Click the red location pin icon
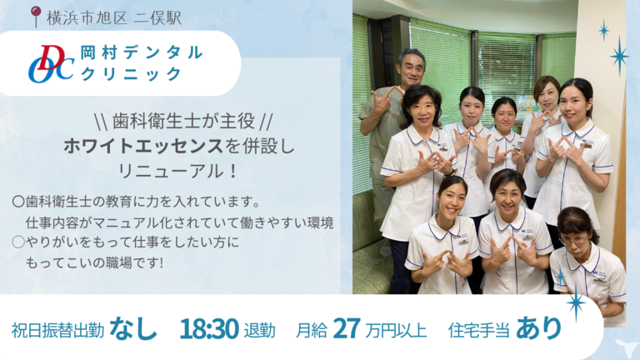pyautogui.click(x=36, y=17)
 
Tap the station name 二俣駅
pyautogui.click(x=157, y=18)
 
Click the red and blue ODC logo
pyautogui.click(x=52, y=63)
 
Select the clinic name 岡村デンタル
pyautogui.click(x=142, y=52)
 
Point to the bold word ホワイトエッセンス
pyautogui.click(x=143, y=146)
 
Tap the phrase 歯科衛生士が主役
pyautogui.click(x=184, y=121)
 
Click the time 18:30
pyautogui.click(x=209, y=329)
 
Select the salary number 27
pyautogui.click(x=347, y=329)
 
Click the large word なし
pyautogui.click(x=133, y=328)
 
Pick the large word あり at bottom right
pyautogui.click(x=539, y=328)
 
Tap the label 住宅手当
pyautogui.click(x=479, y=330)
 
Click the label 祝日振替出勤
pyautogui.click(x=57, y=331)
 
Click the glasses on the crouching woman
pyautogui.click(x=573, y=240)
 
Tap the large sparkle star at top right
pyautogui.click(x=620, y=56)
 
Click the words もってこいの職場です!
pyautogui.click(x=94, y=262)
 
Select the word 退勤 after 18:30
pyautogui.click(x=260, y=331)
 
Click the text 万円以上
pyautogui.click(x=396, y=331)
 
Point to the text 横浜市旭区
pyautogui.click(x=87, y=18)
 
